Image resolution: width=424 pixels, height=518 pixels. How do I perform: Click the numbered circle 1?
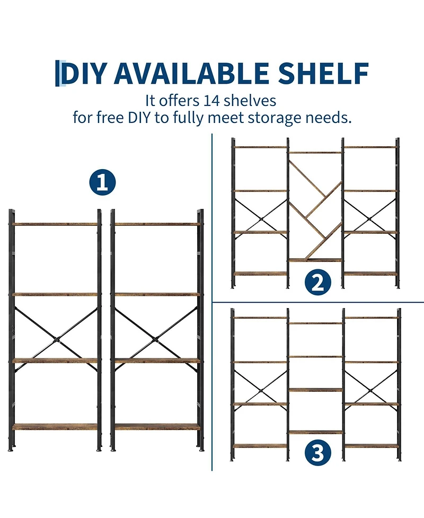pos(102,182)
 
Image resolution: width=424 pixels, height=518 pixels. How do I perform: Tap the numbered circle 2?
pos(317,282)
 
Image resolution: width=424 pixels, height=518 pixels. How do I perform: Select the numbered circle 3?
pos(317,452)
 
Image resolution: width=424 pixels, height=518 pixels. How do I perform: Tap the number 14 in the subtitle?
pos(211,101)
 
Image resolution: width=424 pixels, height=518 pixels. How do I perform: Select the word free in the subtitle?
pos(110,118)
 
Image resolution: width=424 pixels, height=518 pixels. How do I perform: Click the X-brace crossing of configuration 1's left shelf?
pos(57,339)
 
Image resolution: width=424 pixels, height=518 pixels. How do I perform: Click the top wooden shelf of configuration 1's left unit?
pos(55,224)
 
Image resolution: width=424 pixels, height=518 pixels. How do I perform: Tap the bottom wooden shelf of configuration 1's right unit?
pos(157,426)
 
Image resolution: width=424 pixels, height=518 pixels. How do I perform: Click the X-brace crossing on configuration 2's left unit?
pos(261,218)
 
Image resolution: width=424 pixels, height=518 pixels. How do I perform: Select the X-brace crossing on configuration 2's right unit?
pos(370,218)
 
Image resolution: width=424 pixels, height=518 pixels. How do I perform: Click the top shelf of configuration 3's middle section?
pos(316,323)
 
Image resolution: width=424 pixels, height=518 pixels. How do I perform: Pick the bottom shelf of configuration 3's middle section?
pos(316,432)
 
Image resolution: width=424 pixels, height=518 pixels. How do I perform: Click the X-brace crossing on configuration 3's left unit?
pos(261,391)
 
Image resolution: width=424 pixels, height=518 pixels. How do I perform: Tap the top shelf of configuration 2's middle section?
pos(315,153)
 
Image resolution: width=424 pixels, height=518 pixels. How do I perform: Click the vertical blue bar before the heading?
pos(57,73)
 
